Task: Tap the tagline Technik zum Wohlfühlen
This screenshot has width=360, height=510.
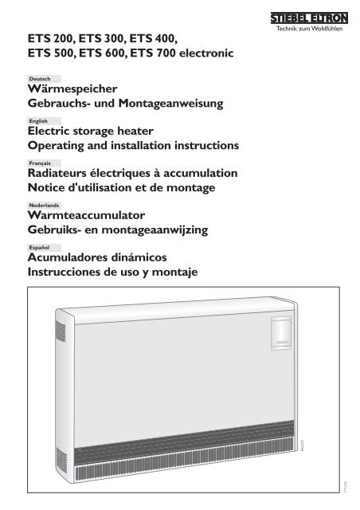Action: (x=314, y=29)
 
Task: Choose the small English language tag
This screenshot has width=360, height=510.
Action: (x=37, y=121)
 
